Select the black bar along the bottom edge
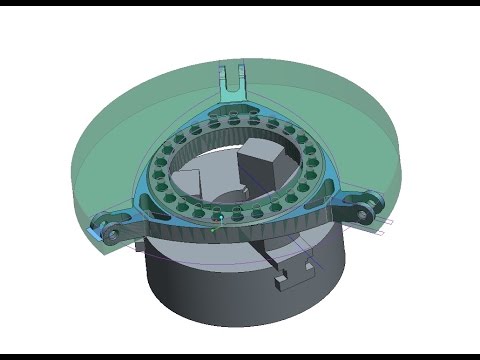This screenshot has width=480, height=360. [x=240, y=355]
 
